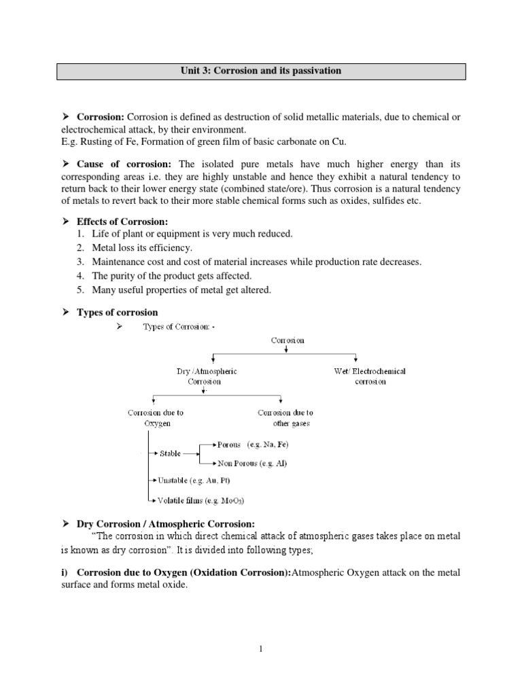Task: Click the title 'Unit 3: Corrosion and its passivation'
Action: click(x=261, y=71)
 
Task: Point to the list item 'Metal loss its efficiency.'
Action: click(x=143, y=248)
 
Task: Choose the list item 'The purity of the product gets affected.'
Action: click(x=172, y=276)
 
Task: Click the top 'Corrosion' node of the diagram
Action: click(x=288, y=340)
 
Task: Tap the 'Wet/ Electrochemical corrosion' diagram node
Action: click(x=370, y=377)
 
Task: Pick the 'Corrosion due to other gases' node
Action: click(x=285, y=418)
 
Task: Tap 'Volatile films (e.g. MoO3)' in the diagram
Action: click(x=200, y=501)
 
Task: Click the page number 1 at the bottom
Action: click(x=261, y=650)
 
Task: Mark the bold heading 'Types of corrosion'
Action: click(x=117, y=313)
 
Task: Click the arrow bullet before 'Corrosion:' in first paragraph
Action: click(x=67, y=117)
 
